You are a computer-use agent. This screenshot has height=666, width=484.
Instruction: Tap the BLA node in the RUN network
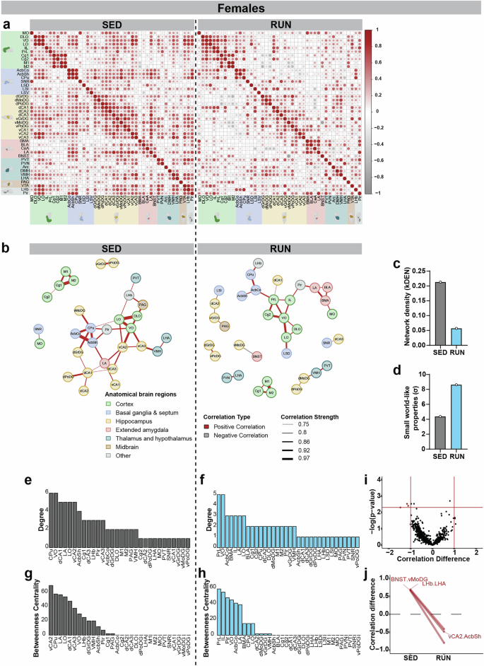pyautogui.click(x=328, y=286)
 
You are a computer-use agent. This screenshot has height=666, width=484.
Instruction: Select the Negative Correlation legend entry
pyautogui.click(x=236, y=436)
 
